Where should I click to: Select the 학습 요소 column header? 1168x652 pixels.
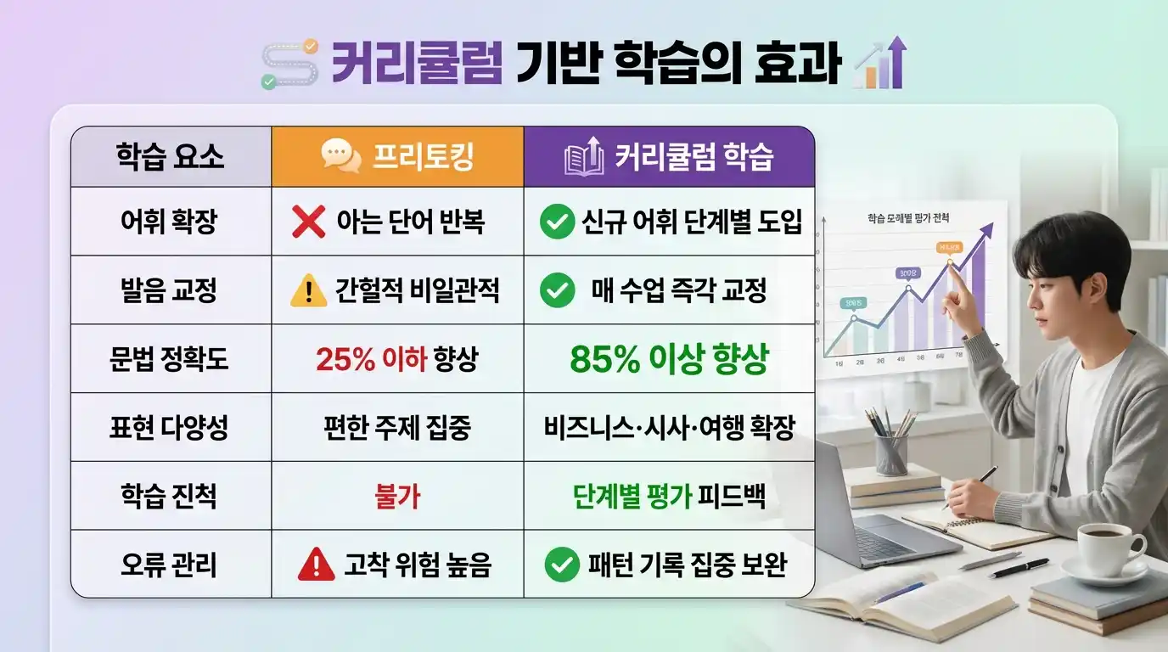(x=170, y=157)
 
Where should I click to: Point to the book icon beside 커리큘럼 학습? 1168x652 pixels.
(x=583, y=157)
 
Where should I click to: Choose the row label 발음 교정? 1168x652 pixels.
(x=170, y=290)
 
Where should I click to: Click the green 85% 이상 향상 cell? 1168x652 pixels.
(x=669, y=359)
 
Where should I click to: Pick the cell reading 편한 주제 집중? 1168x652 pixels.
(x=397, y=428)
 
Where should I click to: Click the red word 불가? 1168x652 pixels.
(x=397, y=497)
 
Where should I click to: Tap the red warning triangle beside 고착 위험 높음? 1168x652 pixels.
(x=316, y=565)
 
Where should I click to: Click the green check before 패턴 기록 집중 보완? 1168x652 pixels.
(x=560, y=565)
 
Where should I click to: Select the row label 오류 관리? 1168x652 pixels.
(x=170, y=565)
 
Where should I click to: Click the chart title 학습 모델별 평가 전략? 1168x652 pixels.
(x=908, y=219)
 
